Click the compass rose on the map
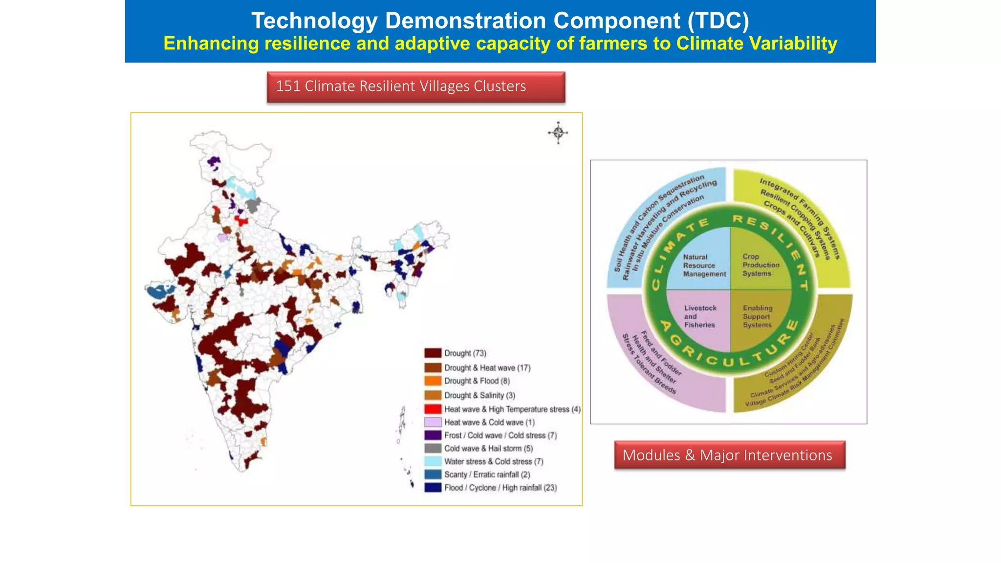coord(558,132)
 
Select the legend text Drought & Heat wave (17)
coord(487,368)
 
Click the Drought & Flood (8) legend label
coord(477,381)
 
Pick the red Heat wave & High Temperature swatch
coord(433,409)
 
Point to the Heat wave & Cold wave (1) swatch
coord(433,422)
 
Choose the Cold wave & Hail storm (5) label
coord(489,448)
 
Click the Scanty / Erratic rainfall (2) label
coord(487,475)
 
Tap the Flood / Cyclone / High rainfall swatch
coord(433,488)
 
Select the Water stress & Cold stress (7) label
coord(494,461)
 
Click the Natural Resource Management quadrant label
coord(704,265)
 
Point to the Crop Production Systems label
coord(761,265)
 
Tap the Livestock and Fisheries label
coord(700,316)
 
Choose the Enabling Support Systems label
coord(758,316)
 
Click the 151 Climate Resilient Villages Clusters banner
coord(416,87)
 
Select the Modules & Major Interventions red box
coord(729,455)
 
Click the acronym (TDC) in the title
coord(718,21)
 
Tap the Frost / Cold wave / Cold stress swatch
coord(433,435)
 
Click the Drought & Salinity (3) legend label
coord(480,395)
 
